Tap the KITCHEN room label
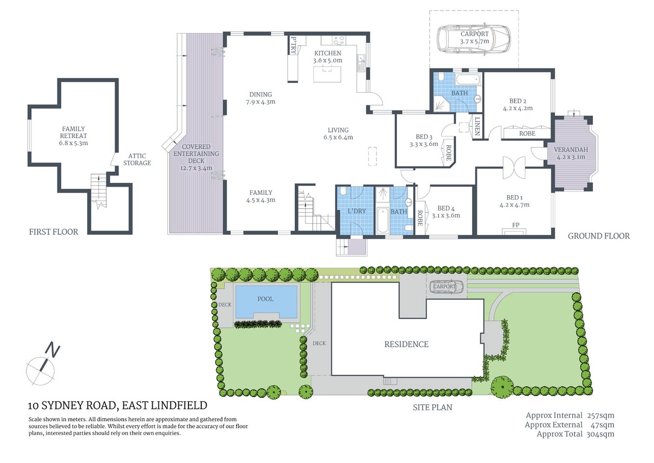click(327, 53)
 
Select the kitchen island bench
click(327, 74)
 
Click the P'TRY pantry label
click(293, 45)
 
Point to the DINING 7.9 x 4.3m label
click(261, 98)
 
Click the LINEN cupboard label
click(477, 125)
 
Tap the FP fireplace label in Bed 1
click(515, 225)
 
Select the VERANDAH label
click(571, 150)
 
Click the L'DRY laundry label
click(356, 211)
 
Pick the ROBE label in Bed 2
click(527, 134)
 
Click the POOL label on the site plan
click(265, 299)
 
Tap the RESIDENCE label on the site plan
click(406, 344)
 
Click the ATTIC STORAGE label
click(137, 160)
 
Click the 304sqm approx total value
click(600, 434)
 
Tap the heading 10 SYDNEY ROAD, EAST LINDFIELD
click(118, 406)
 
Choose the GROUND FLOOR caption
click(598, 236)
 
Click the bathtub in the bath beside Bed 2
click(468, 79)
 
